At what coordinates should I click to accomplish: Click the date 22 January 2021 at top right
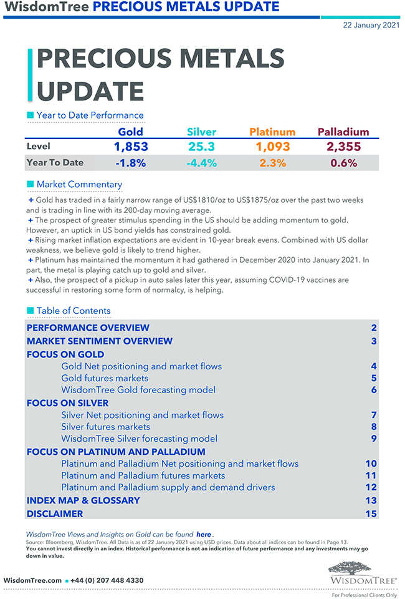369,25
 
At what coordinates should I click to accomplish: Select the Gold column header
130,132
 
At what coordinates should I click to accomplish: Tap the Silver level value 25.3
201,147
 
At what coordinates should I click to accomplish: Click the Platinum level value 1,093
273,147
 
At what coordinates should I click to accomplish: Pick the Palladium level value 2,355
343,147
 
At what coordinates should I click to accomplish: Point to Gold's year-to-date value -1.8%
130,163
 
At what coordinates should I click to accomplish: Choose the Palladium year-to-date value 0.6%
343,163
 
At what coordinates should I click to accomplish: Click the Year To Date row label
55,163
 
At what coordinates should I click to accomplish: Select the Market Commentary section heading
79,185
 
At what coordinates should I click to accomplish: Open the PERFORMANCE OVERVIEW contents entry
88,328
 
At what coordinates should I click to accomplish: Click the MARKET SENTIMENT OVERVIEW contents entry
99,341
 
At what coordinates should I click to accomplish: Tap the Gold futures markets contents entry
105,378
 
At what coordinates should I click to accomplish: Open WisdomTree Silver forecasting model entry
139,439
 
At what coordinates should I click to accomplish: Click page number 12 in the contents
371,487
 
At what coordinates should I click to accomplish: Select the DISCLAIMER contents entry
54,514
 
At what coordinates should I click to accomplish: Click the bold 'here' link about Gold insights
204,535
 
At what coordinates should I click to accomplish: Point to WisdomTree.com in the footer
32,580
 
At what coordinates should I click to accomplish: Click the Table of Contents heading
73,311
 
